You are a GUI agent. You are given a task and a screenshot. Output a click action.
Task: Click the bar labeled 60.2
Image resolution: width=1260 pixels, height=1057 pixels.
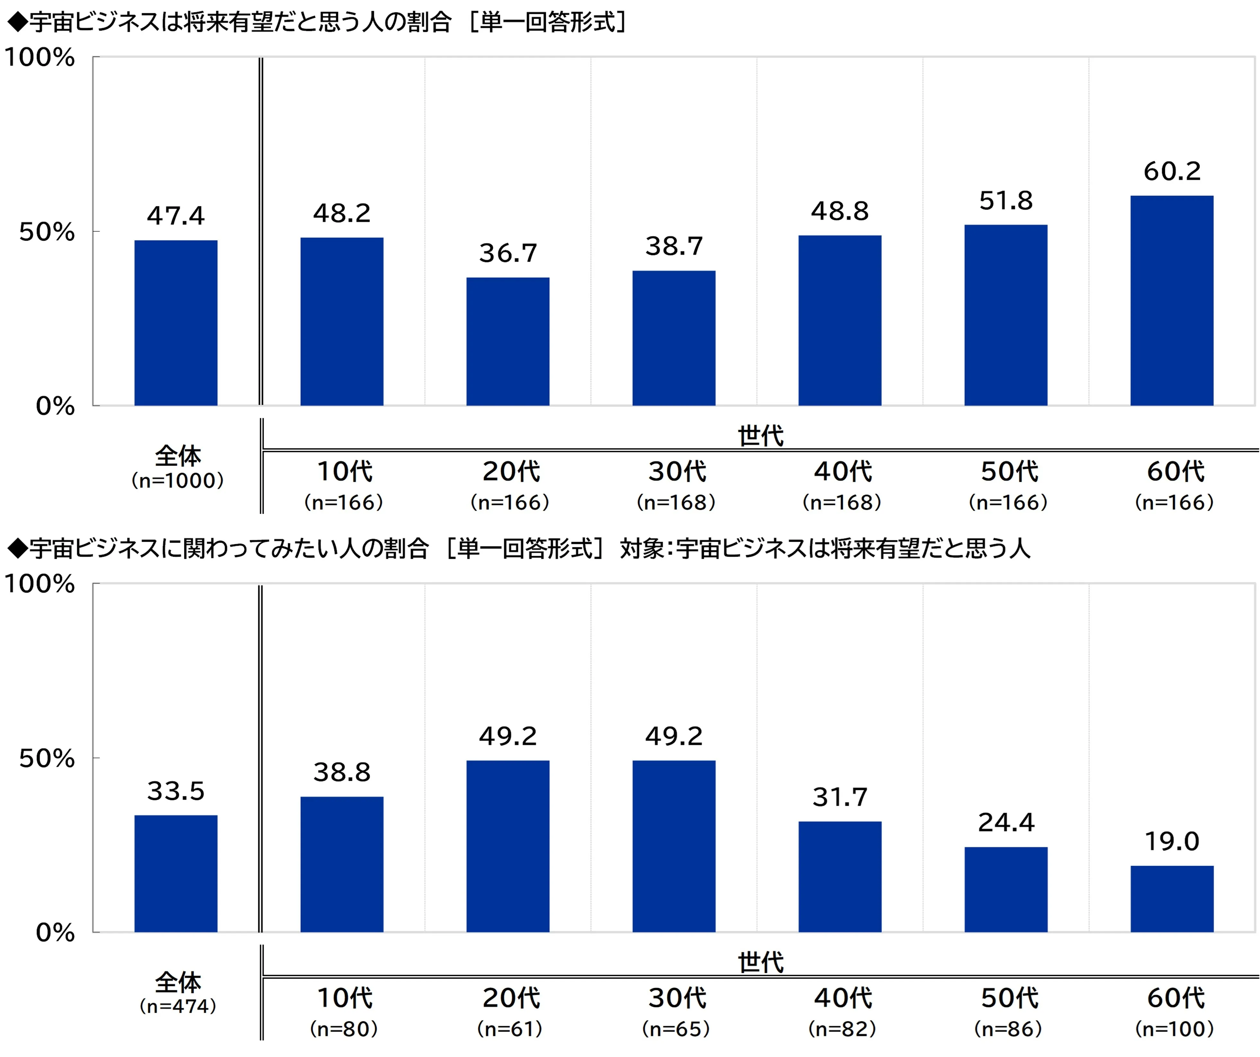1172,301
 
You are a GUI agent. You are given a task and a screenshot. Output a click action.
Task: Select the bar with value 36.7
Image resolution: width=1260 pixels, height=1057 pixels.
508,342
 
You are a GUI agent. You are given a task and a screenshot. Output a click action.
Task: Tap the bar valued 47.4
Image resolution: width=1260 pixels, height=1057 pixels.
176,323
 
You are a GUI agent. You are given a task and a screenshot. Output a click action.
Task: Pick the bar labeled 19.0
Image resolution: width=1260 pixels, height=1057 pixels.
1172,899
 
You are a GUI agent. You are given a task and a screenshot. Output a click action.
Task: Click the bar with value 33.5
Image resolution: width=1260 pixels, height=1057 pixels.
176,874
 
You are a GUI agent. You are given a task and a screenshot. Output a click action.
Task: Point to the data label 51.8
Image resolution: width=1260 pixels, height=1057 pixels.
1006,201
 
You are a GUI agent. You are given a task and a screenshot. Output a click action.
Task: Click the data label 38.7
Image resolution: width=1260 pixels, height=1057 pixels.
674,246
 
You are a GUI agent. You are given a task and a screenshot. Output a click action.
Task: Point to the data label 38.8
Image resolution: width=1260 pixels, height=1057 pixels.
342,772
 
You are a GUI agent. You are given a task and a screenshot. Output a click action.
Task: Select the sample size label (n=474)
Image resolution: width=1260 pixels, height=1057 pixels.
178,1007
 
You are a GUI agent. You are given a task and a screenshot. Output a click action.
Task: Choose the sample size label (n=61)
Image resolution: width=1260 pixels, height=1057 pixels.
510,1029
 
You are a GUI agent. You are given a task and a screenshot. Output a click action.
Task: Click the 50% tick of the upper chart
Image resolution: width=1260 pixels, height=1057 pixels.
47,232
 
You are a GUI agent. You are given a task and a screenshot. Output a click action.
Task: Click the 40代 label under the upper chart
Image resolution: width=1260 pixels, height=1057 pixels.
843,472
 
